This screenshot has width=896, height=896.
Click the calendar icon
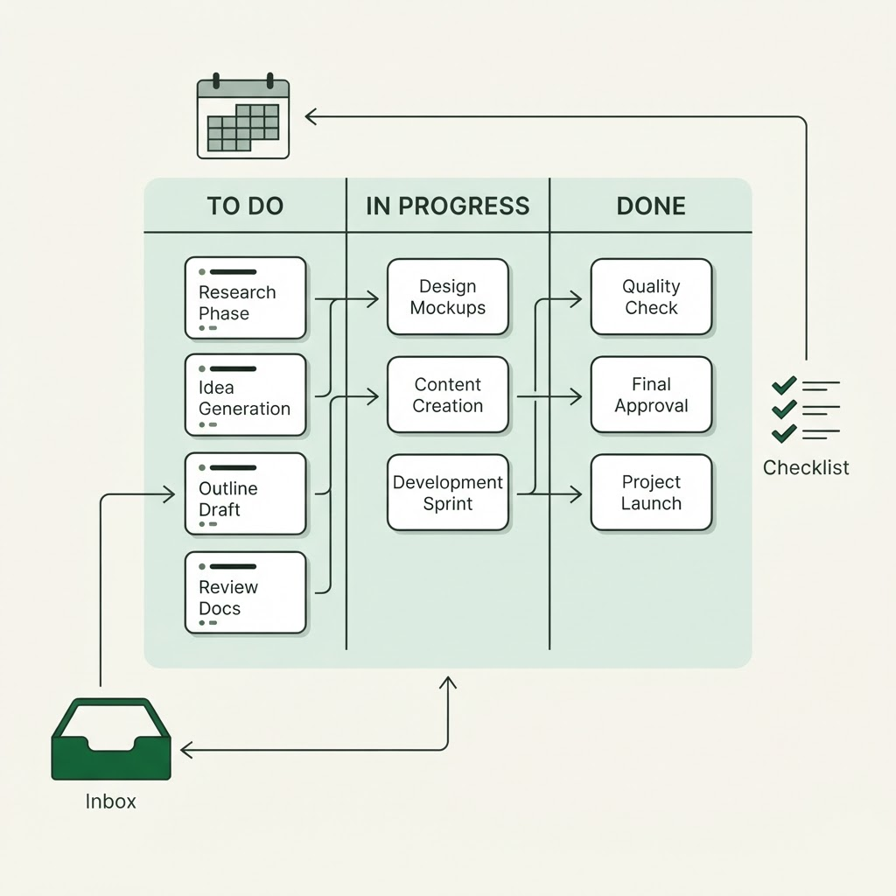tap(243, 116)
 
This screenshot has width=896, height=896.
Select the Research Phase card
tap(246, 298)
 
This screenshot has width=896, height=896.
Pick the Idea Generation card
tap(246, 395)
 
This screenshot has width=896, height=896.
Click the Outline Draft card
tap(246, 494)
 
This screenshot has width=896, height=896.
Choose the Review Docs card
tap(246, 592)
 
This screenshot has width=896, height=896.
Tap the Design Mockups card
tap(448, 297)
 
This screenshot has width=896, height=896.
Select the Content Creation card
tap(448, 395)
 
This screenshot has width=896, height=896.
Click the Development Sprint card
tap(448, 493)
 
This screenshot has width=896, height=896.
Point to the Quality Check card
tap(651, 297)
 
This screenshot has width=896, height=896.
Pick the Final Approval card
tap(651, 395)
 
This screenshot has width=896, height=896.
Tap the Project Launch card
tap(651, 493)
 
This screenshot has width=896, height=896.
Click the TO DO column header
tap(245, 206)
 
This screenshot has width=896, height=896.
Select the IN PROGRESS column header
tap(448, 206)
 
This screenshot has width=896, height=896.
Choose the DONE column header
tap(651, 206)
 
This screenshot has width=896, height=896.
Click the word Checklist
tap(806, 467)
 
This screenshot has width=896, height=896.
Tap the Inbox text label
tap(111, 801)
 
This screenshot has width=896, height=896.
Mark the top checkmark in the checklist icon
tap(784, 386)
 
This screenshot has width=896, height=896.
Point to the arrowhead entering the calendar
tap(311, 116)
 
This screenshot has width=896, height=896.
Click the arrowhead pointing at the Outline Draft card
tap(170, 494)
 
